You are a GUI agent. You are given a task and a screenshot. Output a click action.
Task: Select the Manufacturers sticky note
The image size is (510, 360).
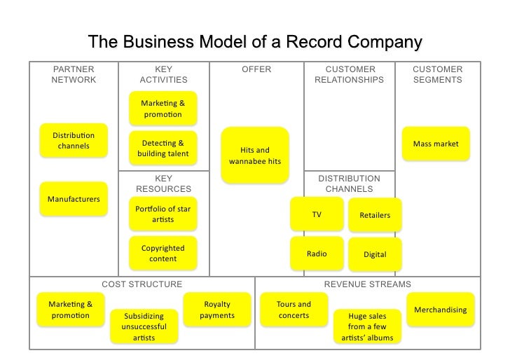coord(74,200)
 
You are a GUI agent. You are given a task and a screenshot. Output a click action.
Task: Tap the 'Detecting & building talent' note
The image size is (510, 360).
coord(163,148)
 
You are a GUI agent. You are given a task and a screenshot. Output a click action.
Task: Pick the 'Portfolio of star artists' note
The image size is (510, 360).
coord(163,214)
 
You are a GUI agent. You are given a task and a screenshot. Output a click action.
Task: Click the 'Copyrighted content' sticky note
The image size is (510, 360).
coord(163,254)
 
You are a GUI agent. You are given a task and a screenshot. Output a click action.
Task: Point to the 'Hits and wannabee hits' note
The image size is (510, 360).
coord(255,155)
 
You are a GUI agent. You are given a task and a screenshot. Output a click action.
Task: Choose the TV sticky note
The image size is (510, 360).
coord(317,214)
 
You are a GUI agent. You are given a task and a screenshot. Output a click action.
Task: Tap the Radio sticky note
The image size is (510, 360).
coord(317,254)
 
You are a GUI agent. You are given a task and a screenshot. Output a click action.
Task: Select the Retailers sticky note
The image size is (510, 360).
coord(375,215)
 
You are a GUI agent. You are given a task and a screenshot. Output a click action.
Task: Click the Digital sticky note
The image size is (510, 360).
coord(375,254)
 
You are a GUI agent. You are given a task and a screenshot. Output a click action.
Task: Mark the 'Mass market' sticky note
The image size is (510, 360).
coord(436,144)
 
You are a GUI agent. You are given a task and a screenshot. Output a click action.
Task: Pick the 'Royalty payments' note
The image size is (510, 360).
coord(217,310)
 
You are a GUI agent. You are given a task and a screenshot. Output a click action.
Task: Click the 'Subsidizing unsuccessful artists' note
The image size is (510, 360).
coord(144,326)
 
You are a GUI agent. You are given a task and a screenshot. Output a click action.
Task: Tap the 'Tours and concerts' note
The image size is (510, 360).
coord(294,310)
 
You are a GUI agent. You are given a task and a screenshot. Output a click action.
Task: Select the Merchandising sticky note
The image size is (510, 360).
coord(441,310)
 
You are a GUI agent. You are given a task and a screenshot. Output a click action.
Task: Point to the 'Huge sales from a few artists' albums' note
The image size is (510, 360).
coord(368,326)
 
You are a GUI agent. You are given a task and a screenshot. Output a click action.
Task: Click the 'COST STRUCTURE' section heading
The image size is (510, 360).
coord(142,284)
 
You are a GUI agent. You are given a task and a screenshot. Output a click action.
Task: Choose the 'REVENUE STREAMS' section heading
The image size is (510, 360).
coord(368,284)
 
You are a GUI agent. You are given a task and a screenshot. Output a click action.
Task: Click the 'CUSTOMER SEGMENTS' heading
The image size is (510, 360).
coord(438,74)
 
